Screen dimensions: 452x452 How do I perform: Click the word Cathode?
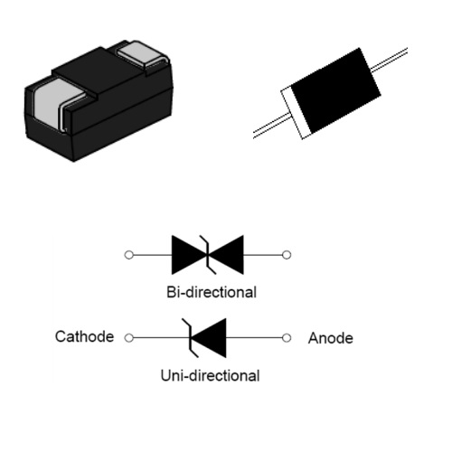tap(84, 336)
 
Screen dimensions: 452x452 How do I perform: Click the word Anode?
tap(331, 338)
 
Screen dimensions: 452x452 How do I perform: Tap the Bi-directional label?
tap(212, 292)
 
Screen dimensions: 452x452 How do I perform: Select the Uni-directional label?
tap(210, 376)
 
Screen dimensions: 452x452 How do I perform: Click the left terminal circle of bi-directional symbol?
tap(128, 255)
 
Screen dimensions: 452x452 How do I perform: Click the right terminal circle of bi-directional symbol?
tap(287, 255)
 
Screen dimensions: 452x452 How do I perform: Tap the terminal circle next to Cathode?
tap(128, 338)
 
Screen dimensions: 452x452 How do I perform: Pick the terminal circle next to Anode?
tap(287, 338)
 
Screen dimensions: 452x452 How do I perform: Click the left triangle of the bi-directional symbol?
tap(185, 255)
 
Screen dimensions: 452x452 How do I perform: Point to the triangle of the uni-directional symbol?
tap(212, 338)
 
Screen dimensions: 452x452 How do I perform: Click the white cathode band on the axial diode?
tap(296, 113)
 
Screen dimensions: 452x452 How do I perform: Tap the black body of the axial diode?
tap(335, 90)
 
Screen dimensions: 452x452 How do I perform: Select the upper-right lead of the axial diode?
tap(389, 60)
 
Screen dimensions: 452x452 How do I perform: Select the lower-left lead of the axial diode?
tap(272, 127)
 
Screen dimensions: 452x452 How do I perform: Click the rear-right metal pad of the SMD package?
tap(142, 54)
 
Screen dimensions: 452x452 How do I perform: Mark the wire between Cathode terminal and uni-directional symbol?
tap(162, 338)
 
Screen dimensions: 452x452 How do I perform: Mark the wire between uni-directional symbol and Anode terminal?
tap(254, 338)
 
